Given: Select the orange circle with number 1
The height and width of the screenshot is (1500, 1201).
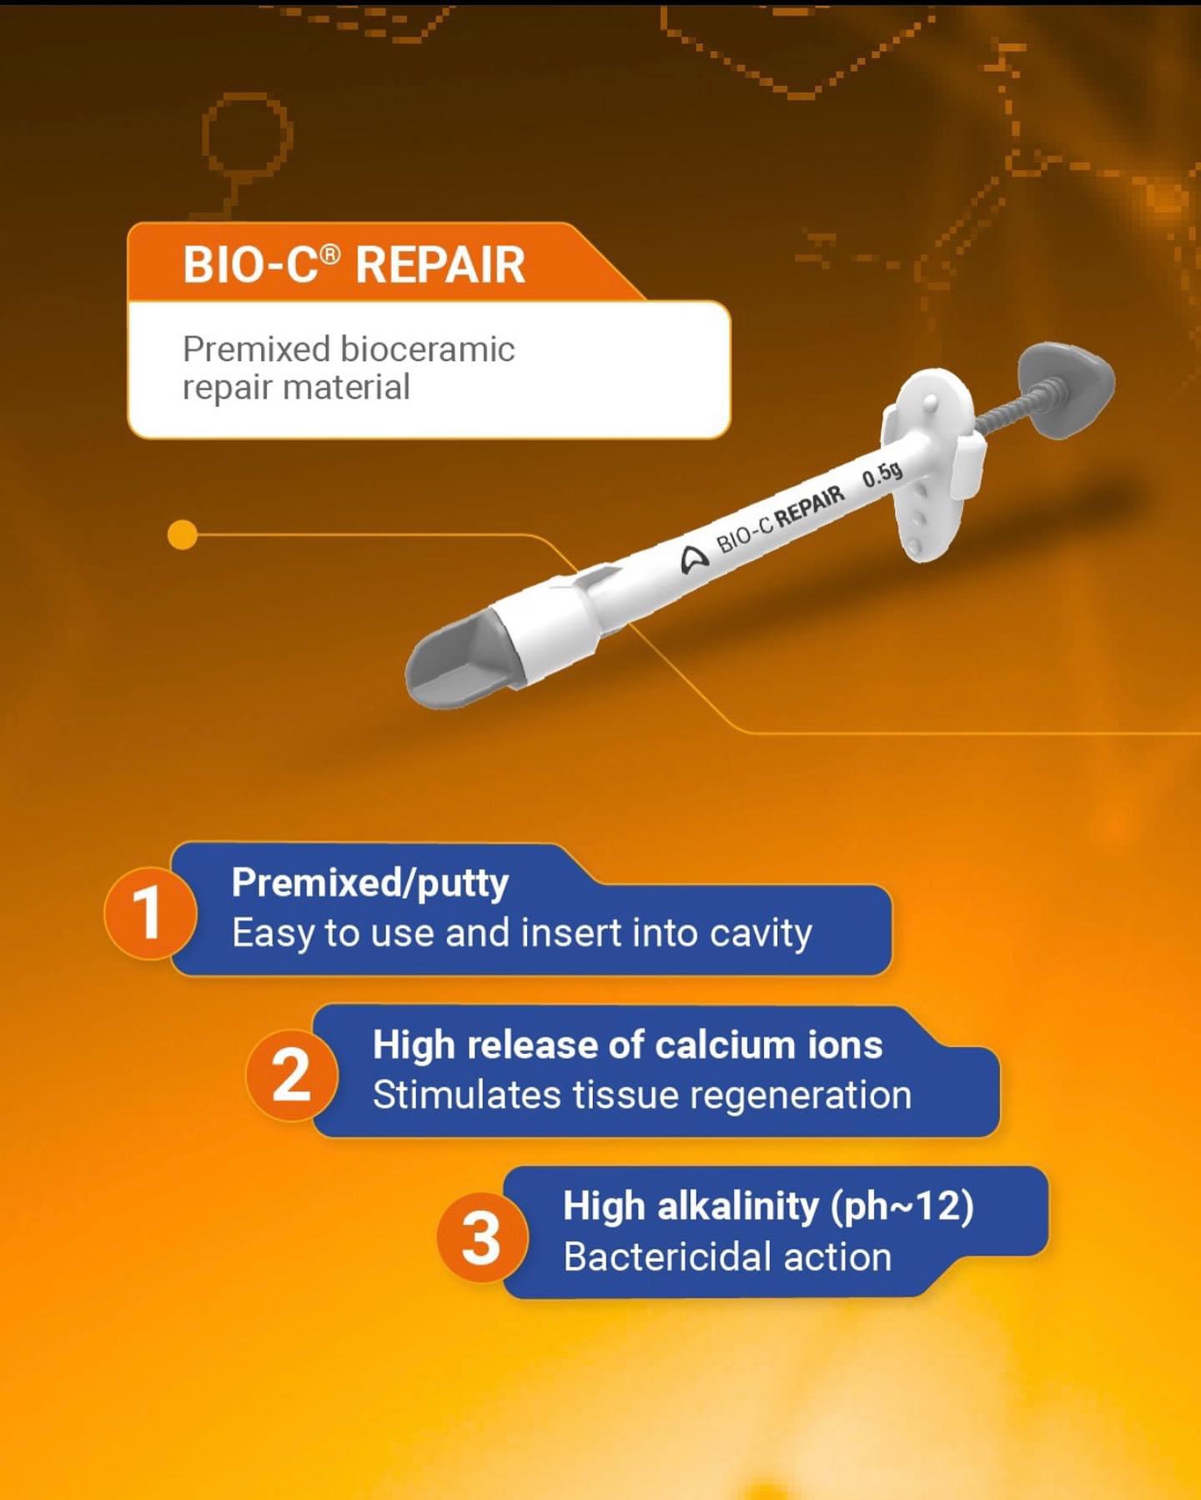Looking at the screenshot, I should click(148, 912).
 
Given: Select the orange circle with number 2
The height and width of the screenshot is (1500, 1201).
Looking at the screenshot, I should click(291, 1075).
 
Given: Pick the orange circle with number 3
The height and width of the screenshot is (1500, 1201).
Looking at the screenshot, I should click(481, 1237).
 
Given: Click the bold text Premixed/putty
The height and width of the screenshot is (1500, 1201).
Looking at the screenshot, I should click(369, 883).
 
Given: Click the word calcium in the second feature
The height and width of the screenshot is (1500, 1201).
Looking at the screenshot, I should click(725, 1045).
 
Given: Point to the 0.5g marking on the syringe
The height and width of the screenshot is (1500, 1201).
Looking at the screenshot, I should click(882, 475).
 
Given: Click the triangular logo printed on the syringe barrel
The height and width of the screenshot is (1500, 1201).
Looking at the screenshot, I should click(693, 559).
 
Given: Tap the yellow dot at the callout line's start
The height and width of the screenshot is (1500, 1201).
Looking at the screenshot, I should click(182, 534).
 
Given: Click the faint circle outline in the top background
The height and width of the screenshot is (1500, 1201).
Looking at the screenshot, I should click(247, 133).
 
